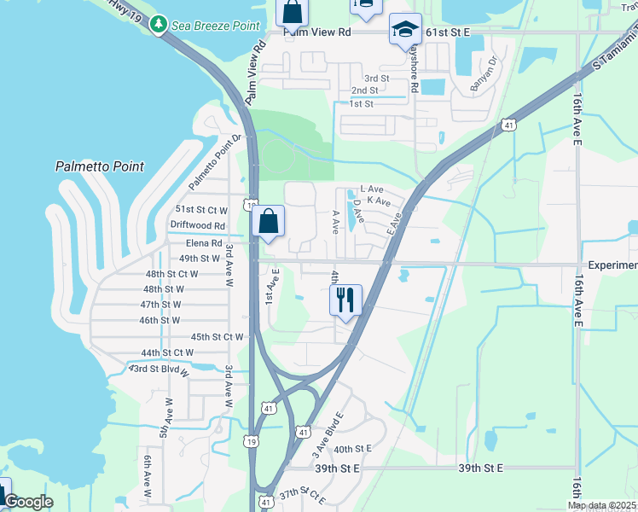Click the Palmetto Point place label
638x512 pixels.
click(x=100, y=167)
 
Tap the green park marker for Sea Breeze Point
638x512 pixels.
click(x=157, y=25)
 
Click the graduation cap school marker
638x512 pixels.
click(x=404, y=29)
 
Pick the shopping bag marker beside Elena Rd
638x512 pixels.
click(x=268, y=221)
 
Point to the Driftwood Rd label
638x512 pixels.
click(x=197, y=225)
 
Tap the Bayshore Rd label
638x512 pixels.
click(x=413, y=68)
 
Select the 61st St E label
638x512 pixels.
click(x=449, y=32)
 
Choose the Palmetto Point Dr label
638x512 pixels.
click(x=210, y=162)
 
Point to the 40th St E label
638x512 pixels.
click(x=353, y=449)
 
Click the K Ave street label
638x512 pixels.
click(x=378, y=201)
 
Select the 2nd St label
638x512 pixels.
click(x=364, y=90)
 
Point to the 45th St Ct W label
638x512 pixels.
click(x=217, y=337)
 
